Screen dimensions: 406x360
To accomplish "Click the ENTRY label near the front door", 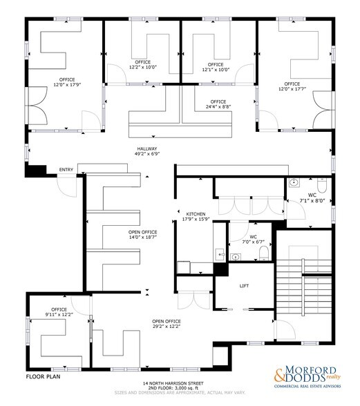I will [66, 170].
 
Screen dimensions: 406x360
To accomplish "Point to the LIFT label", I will [244, 285].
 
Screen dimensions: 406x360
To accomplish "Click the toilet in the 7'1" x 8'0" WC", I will [321, 184].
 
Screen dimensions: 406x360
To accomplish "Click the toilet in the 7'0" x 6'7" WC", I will [265, 255].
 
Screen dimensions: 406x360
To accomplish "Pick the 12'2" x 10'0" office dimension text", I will [143, 68].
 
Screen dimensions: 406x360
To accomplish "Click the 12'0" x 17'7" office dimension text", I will [292, 88].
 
